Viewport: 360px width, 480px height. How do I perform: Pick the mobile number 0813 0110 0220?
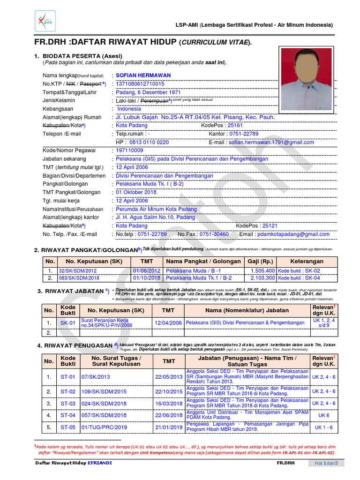[149, 142]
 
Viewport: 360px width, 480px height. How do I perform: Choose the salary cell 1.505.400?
[263, 271]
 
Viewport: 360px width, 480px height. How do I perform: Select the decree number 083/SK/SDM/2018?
[77, 278]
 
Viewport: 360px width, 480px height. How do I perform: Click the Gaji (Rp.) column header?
[261, 261]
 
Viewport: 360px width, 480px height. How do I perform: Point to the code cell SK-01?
[68, 323]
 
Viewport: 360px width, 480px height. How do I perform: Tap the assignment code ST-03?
[68, 403]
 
